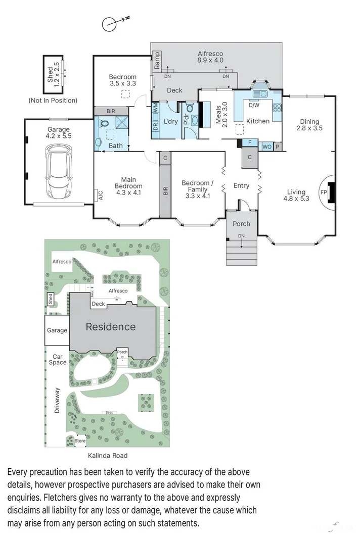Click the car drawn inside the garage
point(59,171)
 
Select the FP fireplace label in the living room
point(323,192)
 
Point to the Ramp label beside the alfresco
point(157,61)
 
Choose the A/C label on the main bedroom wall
point(101,195)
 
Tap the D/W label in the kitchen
point(254,105)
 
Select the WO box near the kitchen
point(266,146)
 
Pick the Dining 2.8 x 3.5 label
point(309,125)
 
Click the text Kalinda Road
point(108,455)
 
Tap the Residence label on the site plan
point(110,326)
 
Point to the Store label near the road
point(80,440)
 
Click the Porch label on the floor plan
point(241,224)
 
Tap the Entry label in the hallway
point(241,185)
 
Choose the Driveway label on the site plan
point(57,401)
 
